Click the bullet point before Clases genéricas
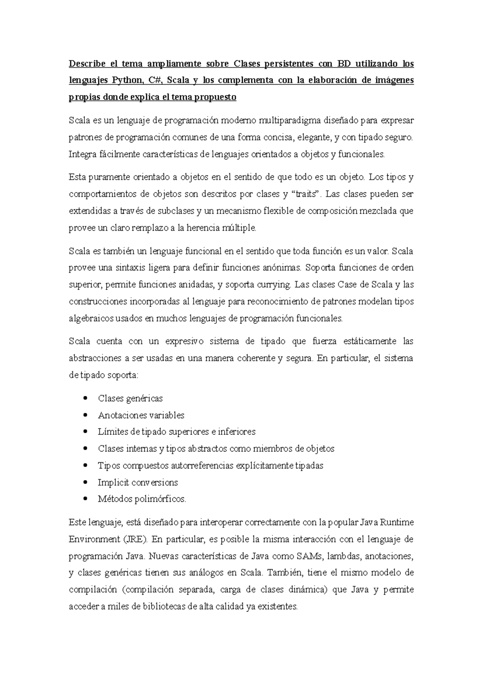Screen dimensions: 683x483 (x=85, y=398)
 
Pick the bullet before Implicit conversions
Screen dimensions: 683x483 (x=85, y=482)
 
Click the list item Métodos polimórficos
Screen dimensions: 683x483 (x=142, y=499)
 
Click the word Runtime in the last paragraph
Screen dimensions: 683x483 (x=396, y=522)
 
